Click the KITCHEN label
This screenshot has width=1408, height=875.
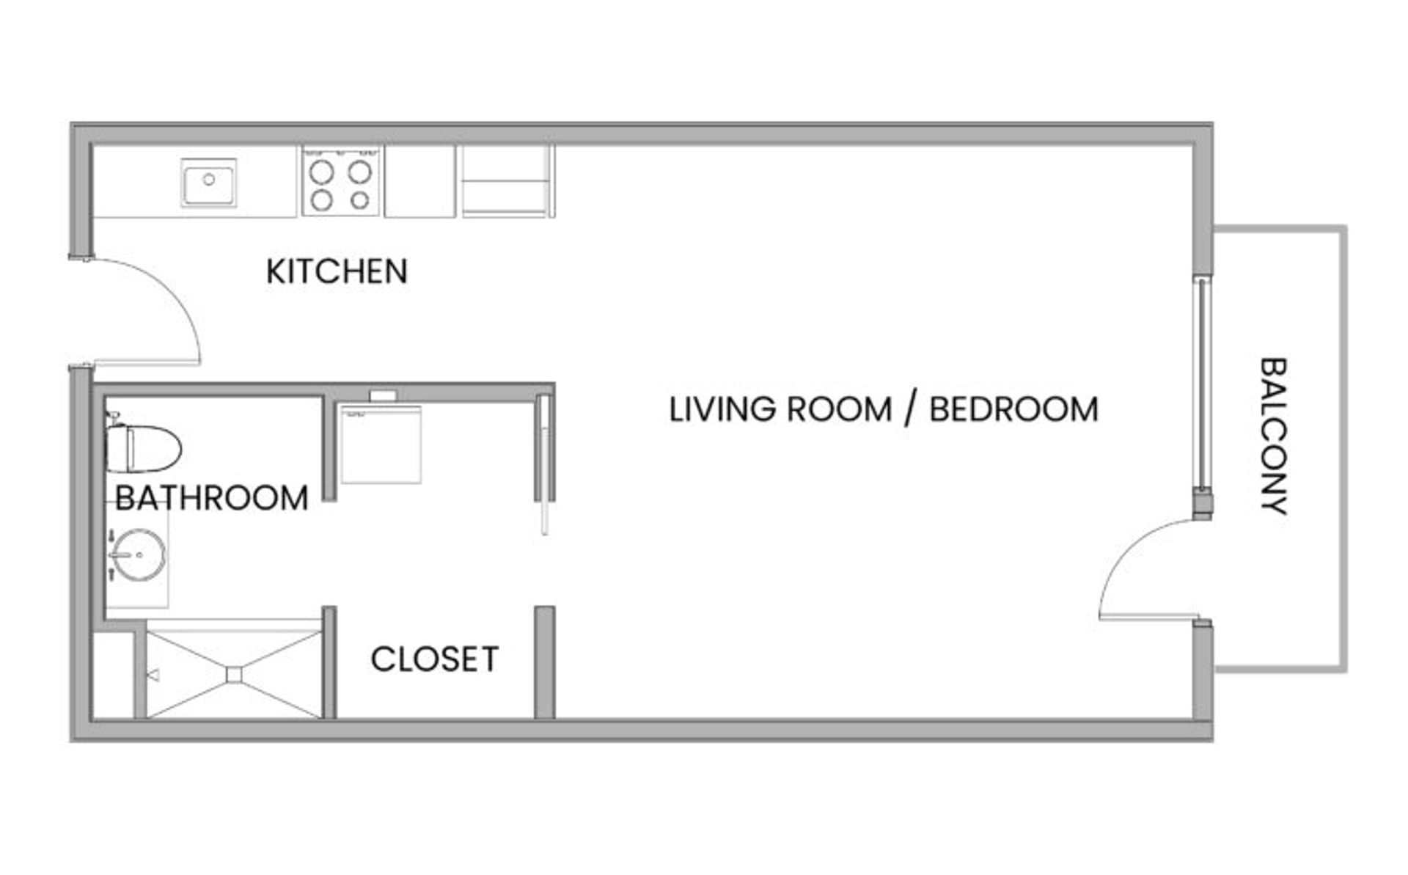pos(337,271)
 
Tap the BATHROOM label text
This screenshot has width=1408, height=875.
pos(212,498)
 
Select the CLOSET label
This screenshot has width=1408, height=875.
pos(435,659)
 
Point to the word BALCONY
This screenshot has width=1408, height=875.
pos(1274,436)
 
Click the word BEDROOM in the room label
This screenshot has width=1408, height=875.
pos(1014,409)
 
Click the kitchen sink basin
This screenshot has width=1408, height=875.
pos(209,182)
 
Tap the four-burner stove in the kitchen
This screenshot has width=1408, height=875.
pos(341,180)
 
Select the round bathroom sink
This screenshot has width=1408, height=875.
pos(139,554)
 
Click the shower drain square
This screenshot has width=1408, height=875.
pos(234,674)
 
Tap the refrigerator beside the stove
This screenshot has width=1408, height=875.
pos(507,180)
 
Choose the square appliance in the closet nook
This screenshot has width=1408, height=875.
pos(381,444)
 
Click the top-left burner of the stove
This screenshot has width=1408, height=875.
pos(321,172)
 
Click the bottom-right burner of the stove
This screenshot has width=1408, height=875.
pos(360,199)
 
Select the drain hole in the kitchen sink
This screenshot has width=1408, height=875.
pos(209,178)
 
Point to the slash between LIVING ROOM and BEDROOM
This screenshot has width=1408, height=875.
pos(911,409)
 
